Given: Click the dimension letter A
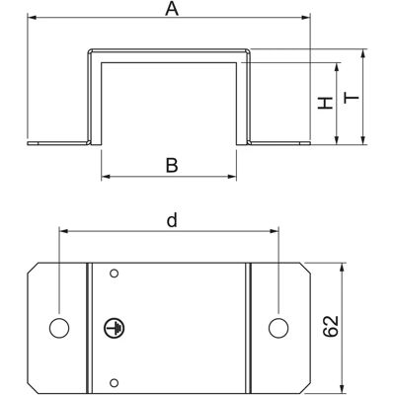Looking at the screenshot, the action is (x=172, y=9).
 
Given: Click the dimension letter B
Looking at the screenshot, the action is (x=172, y=165).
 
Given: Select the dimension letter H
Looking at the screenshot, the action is (x=326, y=103).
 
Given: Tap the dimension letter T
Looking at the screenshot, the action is (x=352, y=98).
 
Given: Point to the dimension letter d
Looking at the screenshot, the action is (x=172, y=220).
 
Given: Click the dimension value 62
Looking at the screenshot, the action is (x=331, y=326).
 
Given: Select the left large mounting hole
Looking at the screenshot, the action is (x=59, y=328).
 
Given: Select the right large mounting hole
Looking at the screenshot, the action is (x=278, y=328).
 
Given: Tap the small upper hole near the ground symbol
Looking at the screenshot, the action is (x=115, y=274).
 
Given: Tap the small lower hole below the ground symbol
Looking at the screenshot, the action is (x=115, y=382).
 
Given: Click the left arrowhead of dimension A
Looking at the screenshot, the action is (x=32, y=17).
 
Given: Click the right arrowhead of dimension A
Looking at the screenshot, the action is (x=306, y=17).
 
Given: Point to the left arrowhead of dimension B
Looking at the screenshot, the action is (x=106, y=177).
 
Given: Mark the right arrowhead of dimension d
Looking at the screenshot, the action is (x=275, y=231).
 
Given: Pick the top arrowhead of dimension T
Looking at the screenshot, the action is (x=363, y=53).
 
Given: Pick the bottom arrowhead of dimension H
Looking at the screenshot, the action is (x=337, y=140).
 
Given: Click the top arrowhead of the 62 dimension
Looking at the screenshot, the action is (x=343, y=268).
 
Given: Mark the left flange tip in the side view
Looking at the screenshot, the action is (x=29, y=143).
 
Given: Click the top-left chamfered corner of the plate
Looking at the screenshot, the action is (x=33, y=269).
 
